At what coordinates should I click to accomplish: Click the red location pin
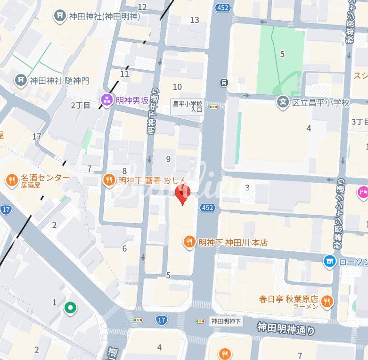tap(182, 194)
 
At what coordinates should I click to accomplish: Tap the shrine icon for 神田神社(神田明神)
tap(60, 16)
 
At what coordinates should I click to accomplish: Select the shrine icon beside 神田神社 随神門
tap(21, 80)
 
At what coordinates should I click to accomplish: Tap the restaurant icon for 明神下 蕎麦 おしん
tap(108, 180)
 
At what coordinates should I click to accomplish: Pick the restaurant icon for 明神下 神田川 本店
tap(189, 242)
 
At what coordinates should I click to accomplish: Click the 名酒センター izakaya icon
tap(12, 180)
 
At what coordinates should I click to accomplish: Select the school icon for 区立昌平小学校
tap(283, 102)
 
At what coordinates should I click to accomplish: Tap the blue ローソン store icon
tap(330, 261)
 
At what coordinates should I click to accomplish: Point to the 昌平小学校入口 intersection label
tap(187, 106)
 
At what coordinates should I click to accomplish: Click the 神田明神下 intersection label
tap(226, 321)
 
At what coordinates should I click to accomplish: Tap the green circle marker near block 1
tap(70, 308)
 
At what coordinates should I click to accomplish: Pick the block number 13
tap(195, 20)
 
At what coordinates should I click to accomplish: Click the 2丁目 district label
tap(80, 105)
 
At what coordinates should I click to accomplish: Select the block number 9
tap(168, 159)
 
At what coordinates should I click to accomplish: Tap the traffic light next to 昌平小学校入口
tap(214, 107)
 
